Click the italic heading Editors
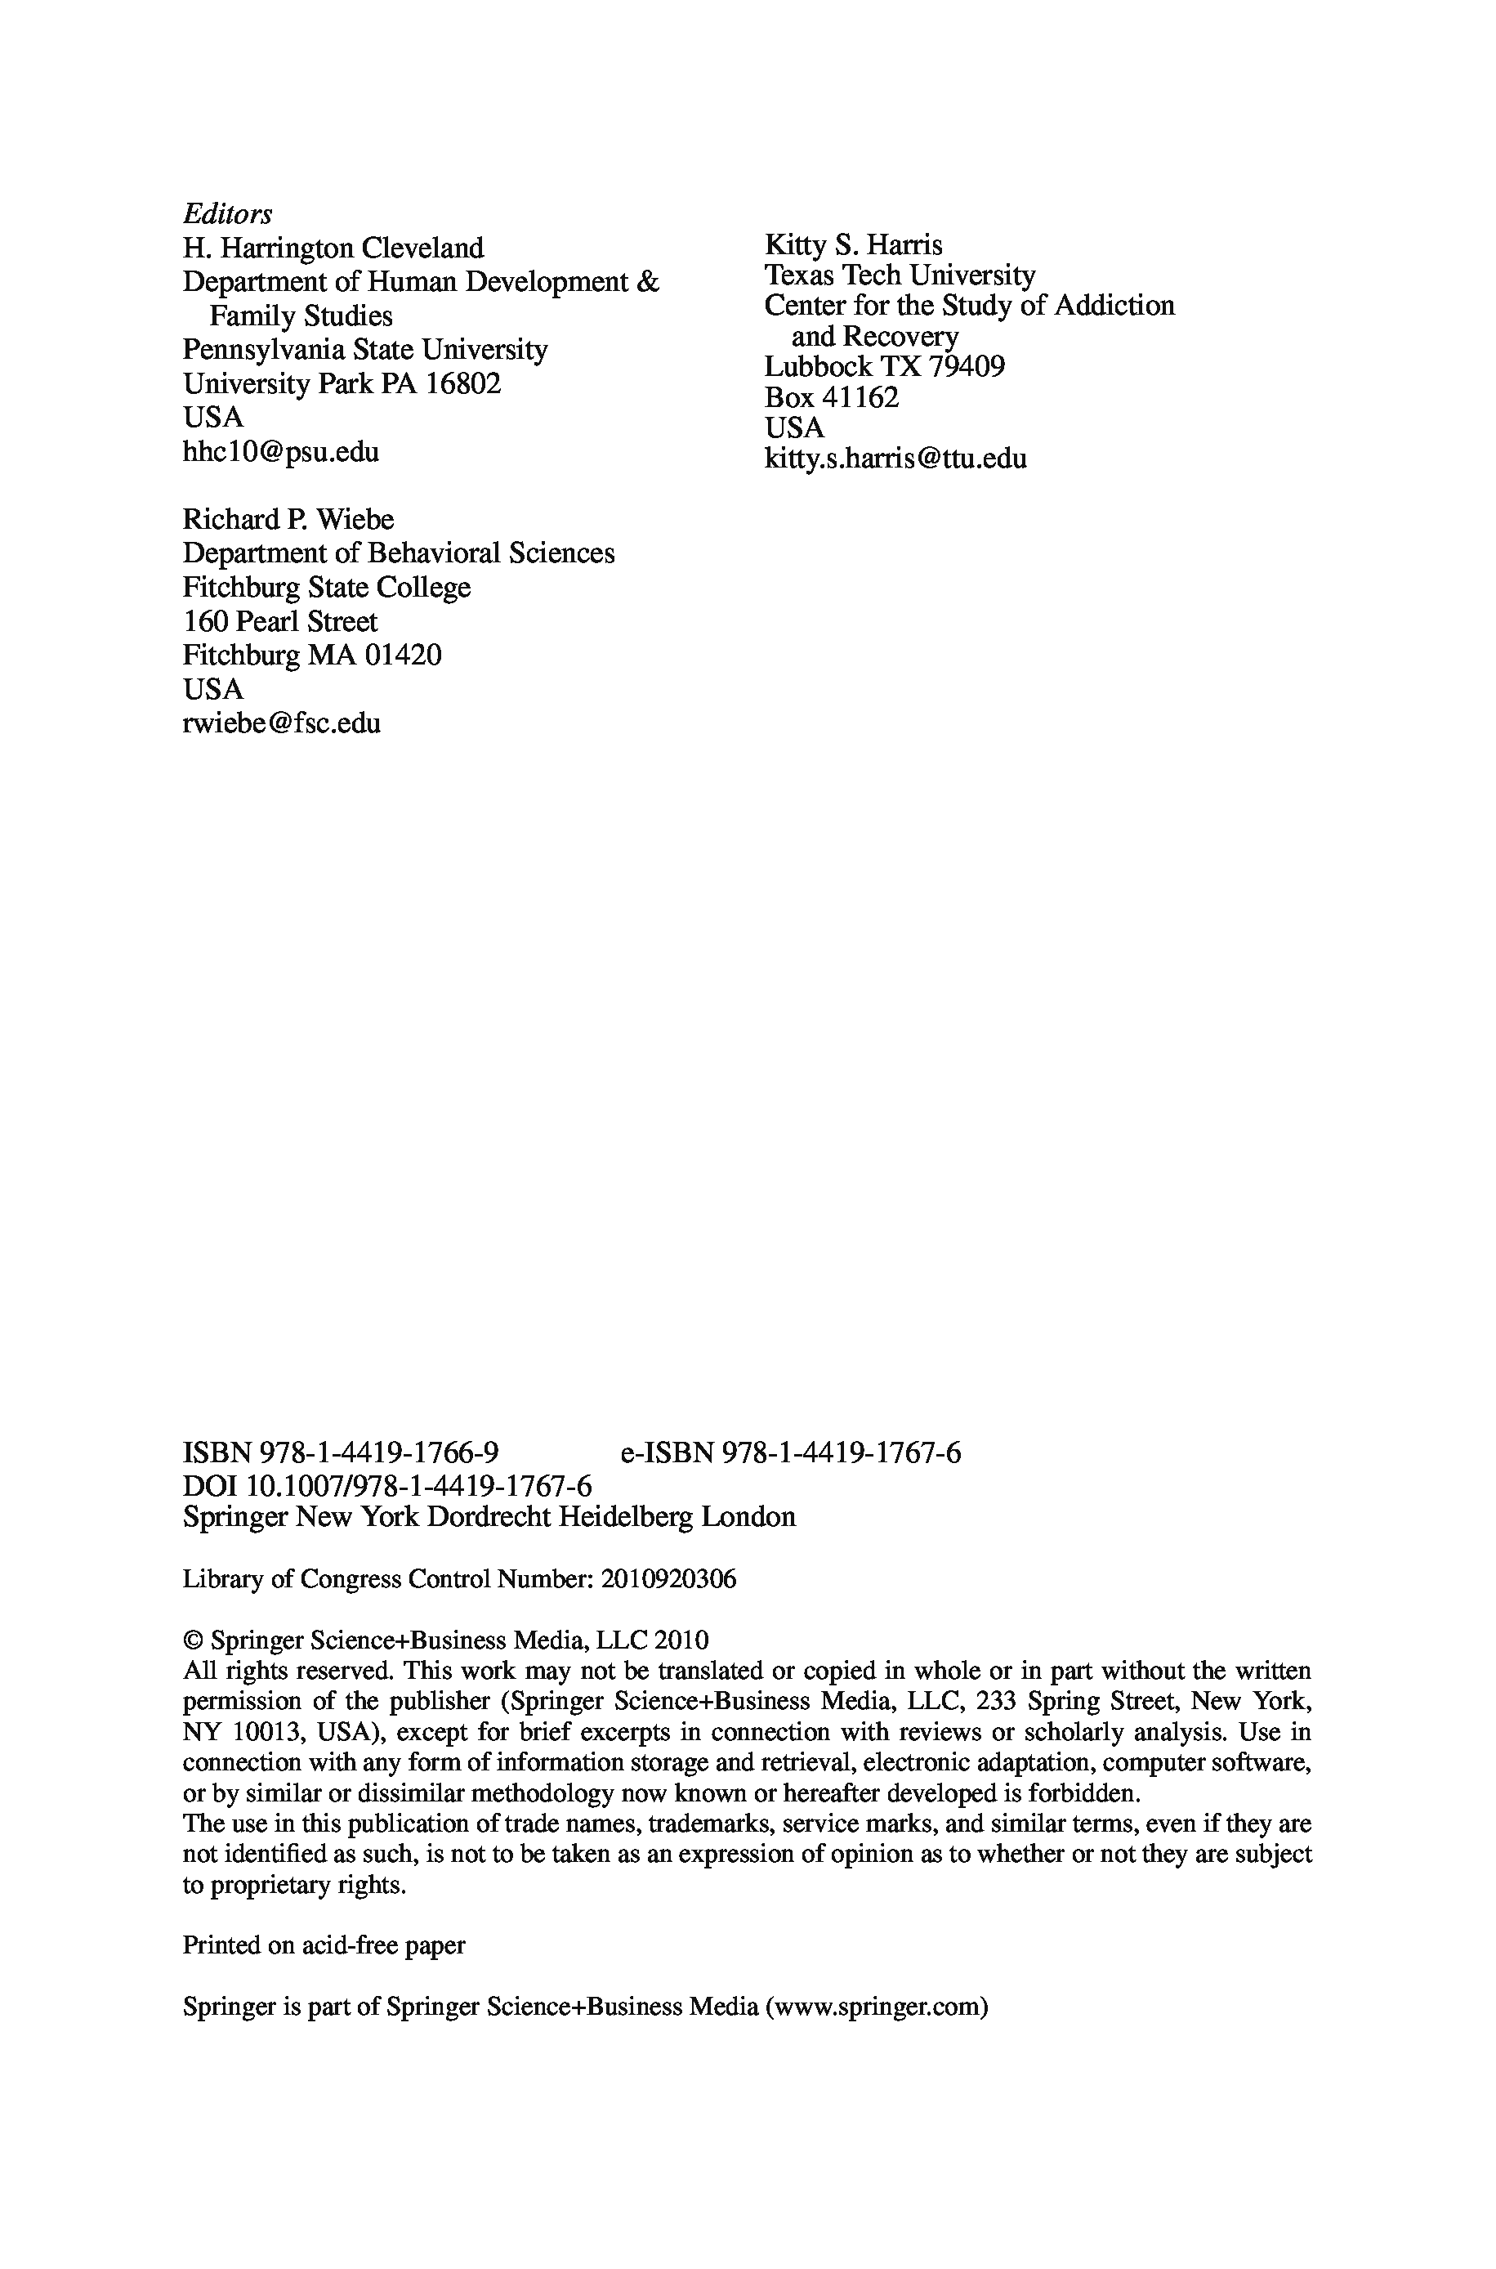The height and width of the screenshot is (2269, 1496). click(227, 213)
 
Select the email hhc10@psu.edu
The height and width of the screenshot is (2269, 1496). click(280, 451)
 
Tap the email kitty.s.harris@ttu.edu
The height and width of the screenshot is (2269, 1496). click(895, 459)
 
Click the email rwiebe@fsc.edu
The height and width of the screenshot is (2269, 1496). click(281, 723)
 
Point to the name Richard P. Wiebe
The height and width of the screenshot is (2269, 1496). click(288, 519)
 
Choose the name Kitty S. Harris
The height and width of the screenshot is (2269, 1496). click(853, 245)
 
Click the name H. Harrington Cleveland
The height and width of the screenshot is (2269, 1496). click(333, 248)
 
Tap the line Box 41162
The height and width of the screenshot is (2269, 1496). click(831, 397)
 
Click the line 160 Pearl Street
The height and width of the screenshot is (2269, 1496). click(279, 621)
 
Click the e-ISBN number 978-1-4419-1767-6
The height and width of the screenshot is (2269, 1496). click(842, 1453)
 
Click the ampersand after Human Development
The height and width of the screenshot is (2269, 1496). click(647, 283)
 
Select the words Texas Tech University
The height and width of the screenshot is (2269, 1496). click(899, 275)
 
